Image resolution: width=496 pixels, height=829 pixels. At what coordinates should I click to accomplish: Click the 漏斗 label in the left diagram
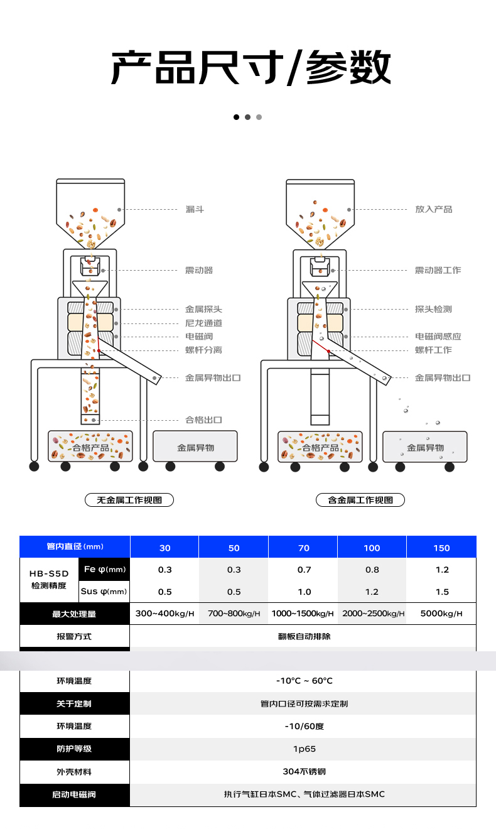click(x=195, y=209)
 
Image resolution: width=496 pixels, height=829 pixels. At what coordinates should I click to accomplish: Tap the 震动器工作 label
click(x=438, y=270)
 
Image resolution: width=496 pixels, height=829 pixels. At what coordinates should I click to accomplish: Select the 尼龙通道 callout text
click(x=203, y=323)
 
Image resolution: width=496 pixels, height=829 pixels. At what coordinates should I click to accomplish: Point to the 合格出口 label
click(x=203, y=420)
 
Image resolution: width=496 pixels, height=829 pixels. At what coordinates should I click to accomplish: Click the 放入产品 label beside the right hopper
click(x=433, y=209)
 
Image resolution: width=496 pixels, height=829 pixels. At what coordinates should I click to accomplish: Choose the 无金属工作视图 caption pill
click(x=129, y=500)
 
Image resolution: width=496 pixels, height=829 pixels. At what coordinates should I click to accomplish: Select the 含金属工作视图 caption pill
click(x=360, y=500)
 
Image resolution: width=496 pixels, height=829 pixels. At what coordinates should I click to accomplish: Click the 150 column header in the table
click(x=441, y=548)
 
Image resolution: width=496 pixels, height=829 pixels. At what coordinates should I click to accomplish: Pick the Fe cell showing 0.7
click(x=304, y=570)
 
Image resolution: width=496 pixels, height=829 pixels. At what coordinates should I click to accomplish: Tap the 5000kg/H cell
click(x=441, y=614)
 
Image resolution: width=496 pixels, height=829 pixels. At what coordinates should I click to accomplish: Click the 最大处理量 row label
click(x=74, y=614)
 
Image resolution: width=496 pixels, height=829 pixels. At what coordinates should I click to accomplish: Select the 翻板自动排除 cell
click(x=304, y=636)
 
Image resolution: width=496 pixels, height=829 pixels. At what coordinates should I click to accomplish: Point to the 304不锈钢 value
click(x=304, y=771)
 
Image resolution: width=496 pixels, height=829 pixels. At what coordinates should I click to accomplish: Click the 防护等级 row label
click(x=74, y=749)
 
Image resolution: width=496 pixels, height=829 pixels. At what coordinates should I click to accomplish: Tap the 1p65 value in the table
click(x=304, y=749)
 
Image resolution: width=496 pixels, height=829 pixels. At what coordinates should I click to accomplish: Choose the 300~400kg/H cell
click(x=164, y=614)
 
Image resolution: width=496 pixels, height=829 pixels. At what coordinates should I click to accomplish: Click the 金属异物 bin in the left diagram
click(x=195, y=447)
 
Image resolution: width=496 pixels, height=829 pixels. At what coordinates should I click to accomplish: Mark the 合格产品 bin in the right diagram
click(x=320, y=447)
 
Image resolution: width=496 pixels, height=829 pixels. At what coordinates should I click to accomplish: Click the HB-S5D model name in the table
click(x=49, y=573)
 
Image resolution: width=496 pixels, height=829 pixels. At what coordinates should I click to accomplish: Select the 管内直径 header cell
click(x=75, y=547)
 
